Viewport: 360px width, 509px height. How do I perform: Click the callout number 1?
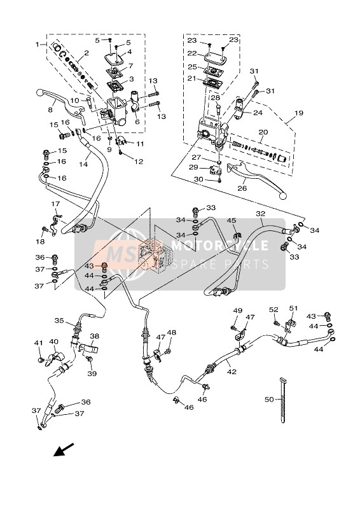[38, 45]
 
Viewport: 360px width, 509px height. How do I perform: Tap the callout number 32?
[260, 214]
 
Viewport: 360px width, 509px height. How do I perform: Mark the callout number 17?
[55, 204]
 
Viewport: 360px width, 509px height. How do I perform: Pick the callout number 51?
[294, 309]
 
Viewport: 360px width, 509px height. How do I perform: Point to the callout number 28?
[216, 97]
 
